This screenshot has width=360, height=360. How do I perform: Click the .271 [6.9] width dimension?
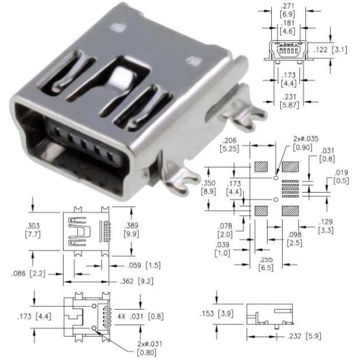point(287,10)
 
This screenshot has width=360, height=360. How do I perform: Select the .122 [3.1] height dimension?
point(330,50)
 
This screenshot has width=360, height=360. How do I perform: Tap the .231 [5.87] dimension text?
point(289,101)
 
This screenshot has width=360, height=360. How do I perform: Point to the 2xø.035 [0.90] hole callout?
point(306,143)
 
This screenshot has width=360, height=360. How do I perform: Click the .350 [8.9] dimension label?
point(209,187)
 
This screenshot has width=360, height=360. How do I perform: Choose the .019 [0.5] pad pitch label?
point(341,177)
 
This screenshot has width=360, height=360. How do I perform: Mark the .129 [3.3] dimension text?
point(326,226)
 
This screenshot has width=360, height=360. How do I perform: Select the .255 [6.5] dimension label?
point(266,264)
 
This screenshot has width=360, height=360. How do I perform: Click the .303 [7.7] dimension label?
point(33,230)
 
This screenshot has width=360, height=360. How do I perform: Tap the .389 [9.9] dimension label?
point(131,230)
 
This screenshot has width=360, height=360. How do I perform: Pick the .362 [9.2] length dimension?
point(136,281)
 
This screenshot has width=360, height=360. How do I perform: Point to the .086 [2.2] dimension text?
point(29,273)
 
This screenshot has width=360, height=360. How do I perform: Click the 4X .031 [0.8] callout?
point(140,316)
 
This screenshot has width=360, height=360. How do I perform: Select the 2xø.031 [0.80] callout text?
point(150,348)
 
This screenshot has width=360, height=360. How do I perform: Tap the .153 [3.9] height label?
point(217,314)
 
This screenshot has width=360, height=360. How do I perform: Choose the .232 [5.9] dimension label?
point(304,336)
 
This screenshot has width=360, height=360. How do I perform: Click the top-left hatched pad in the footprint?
point(261,167)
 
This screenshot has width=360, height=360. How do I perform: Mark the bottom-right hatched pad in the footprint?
point(290,211)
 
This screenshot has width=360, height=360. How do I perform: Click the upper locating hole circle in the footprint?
point(276,178)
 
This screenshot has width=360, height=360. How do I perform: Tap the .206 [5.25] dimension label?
point(229,144)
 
